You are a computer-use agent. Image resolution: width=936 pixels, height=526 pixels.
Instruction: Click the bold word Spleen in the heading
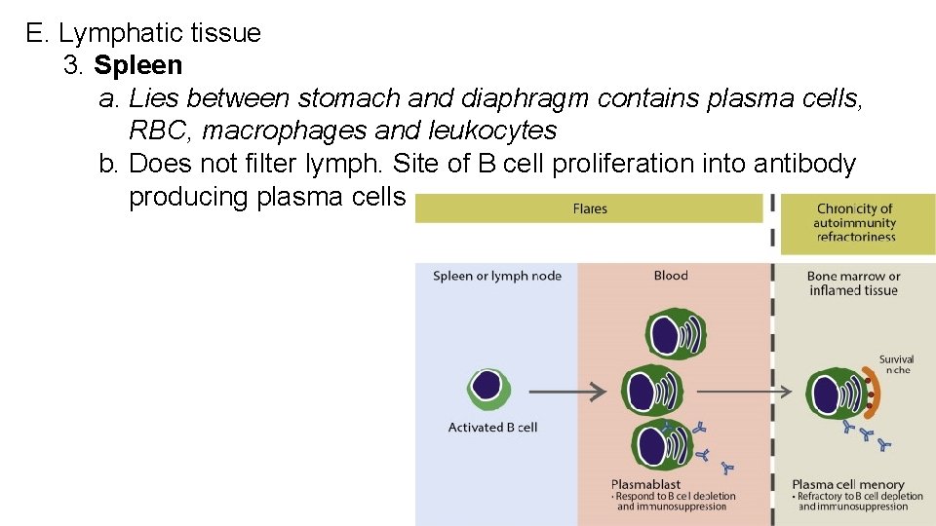137,65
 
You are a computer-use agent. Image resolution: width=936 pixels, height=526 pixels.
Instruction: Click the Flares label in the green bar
590,208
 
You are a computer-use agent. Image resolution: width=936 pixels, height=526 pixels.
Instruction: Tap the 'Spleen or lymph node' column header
497,276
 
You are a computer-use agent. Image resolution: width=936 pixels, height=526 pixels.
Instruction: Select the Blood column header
671,276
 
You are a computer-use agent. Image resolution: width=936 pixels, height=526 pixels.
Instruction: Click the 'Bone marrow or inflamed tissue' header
853,282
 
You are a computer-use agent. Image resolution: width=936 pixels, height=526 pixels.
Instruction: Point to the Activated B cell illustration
488,388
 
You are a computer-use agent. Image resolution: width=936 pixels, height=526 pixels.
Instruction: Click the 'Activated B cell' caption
492,427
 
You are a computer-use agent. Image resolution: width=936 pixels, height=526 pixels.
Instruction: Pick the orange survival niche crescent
874,396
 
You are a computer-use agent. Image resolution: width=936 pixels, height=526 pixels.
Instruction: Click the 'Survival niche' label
896,364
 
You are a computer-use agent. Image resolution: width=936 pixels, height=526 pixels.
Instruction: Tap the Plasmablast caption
645,484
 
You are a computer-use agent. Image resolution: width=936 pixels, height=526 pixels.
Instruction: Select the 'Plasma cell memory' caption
848,484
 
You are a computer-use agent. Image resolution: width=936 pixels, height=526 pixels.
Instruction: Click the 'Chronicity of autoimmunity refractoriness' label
854,222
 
